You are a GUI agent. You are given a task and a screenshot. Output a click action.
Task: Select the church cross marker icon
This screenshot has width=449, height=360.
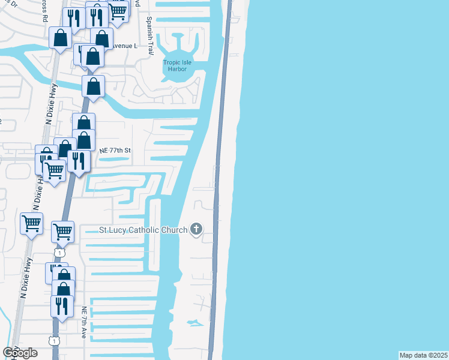[x=196, y=229]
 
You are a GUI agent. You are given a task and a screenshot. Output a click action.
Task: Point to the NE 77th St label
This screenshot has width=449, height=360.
[x=115, y=151]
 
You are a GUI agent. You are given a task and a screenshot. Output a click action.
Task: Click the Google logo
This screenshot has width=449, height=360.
[x=20, y=353]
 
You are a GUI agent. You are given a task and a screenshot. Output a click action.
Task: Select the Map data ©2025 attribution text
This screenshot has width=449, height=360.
[x=423, y=355]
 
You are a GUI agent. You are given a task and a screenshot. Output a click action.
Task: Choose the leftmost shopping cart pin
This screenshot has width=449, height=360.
[x=32, y=224]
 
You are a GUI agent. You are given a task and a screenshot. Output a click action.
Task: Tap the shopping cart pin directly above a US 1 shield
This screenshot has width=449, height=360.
[x=62, y=231]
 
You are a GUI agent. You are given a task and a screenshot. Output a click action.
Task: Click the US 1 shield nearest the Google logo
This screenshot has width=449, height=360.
[x=55, y=341]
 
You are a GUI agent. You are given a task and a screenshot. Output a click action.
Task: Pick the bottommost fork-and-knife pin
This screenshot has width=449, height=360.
[x=62, y=306]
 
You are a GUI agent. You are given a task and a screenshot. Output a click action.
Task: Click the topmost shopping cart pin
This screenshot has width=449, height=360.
[x=118, y=9]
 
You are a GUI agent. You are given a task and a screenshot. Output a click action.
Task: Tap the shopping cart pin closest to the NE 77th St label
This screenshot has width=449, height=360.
[x=55, y=171]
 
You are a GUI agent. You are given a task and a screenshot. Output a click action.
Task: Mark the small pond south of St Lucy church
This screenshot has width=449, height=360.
[x=194, y=323]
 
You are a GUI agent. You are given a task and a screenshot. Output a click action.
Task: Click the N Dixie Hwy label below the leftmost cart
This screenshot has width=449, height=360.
[x=25, y=282]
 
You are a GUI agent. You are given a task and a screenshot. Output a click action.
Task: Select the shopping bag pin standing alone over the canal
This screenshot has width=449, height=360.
[x=93, y=86]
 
